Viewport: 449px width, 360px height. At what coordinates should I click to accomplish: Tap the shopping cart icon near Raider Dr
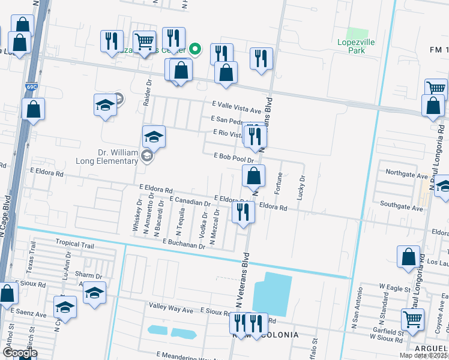(144, 43)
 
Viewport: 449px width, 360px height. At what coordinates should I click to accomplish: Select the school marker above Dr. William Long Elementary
(154, 137)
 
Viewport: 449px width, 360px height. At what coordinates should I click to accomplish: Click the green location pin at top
(195, 49)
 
